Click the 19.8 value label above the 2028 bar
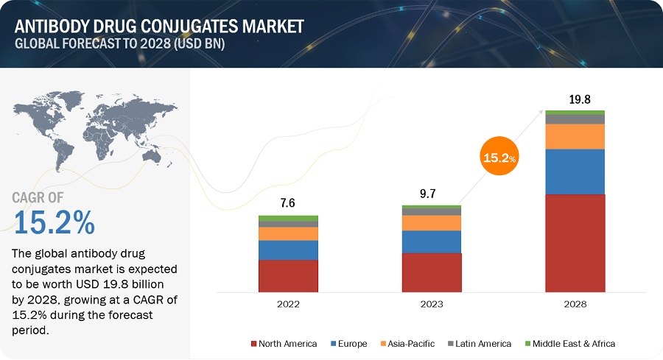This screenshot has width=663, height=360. (575, 99)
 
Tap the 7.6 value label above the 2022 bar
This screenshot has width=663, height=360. (288, 204)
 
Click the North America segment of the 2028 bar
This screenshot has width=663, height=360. (575, 242)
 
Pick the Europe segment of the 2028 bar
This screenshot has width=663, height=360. (575, 172)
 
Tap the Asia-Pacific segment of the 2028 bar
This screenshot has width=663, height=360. (575, 136)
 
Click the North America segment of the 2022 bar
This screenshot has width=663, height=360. (288, 275)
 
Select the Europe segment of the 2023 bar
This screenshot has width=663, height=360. (432, 241)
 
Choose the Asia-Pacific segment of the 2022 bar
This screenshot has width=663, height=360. (288, 233)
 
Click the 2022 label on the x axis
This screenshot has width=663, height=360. (288, 303)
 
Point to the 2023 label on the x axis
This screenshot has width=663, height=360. (432, 303)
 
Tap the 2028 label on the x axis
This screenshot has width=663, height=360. (575, 303)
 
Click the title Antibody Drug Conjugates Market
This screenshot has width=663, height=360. (158, 27)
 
